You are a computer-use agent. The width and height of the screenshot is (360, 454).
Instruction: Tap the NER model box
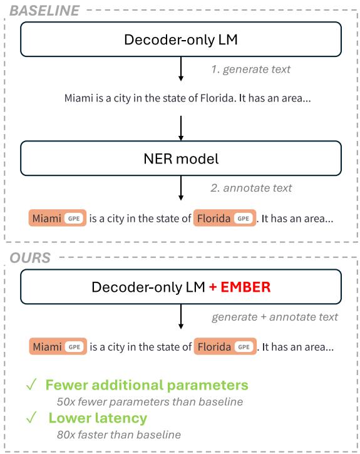tap(181, 159)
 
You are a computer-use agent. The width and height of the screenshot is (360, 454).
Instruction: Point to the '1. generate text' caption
tap(250, 70)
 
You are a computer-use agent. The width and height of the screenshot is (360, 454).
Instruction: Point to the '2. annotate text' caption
tap(250, 187)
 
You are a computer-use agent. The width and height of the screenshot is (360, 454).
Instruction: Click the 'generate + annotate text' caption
tap(274, 317)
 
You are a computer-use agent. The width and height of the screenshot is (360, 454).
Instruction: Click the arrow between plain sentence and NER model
tap(181, 127)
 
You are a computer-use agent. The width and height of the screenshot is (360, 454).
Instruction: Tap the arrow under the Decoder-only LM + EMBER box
tap(181, 319)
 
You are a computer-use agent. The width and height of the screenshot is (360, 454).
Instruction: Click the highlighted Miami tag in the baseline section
tap(57, 219)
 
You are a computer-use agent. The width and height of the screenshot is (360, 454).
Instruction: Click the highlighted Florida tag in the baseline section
tap(224, 219)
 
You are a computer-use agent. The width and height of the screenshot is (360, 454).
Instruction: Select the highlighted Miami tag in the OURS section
tap(57, 346)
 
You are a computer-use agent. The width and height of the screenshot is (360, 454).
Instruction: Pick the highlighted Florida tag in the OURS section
tap(224, 346)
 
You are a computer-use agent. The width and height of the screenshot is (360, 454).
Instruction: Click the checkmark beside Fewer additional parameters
tap(28, 385)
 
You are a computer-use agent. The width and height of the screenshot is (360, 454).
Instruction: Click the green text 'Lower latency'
tap(98, 418)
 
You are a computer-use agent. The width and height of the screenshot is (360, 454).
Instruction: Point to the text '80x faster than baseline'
tap(118, 435)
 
